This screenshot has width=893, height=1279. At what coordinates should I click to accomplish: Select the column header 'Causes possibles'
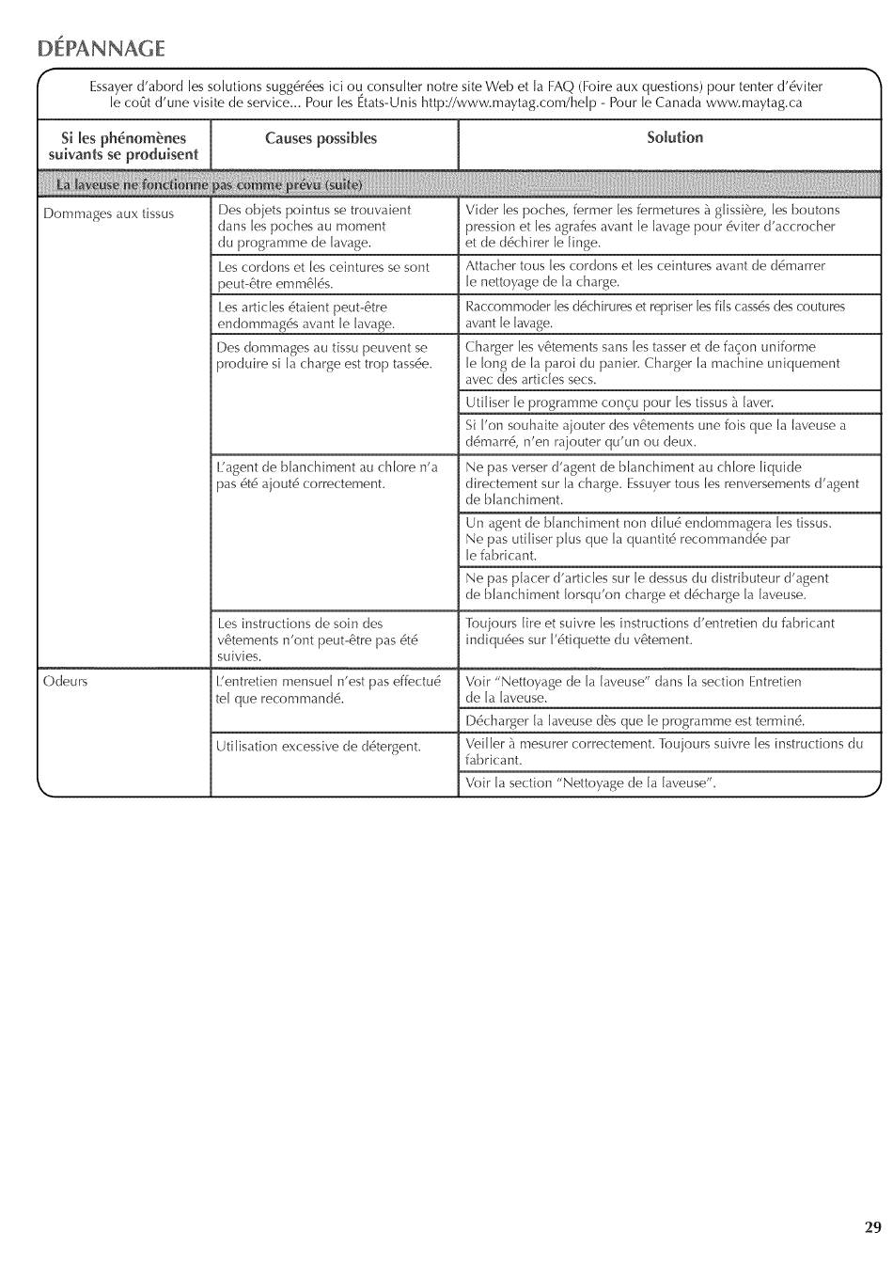pyautogui.click(x=321, y=139)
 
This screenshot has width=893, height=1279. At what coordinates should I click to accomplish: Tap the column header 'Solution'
pyautogui.click(x=674, y=138)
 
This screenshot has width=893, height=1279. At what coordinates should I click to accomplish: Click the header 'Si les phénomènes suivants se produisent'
pyautogui.click(x=123, y=147)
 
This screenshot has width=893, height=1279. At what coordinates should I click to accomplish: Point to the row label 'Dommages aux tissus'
pyautogui.click(x=108, y=213)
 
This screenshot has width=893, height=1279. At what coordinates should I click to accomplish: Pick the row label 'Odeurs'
pyautogui.click(x=65, y=681)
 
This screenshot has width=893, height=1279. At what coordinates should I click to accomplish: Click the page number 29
pyautogui.click(x=872, y=1226)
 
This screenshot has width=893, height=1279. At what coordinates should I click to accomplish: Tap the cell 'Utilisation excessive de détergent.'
pyautogui.click(x=318, y=747)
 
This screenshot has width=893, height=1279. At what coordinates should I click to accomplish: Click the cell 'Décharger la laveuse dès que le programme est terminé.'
pyautogui.click(x=635, y=721)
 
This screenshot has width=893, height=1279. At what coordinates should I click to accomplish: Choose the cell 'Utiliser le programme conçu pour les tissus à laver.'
pyautogui.click(x=619, y=403)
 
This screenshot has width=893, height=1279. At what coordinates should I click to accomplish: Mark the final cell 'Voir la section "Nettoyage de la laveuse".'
pyautogui.click(x=590, y=783)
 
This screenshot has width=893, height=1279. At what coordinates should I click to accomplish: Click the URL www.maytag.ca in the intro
pyautogui.click(x=754, y=103)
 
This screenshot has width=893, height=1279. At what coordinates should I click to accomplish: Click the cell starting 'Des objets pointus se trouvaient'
pyautogui.click(x=314, y=226)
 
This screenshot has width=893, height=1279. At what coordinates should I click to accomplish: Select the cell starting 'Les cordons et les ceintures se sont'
pyautogui.click(x=322, y=275)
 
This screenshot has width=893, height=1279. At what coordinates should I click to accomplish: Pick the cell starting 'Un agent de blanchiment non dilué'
pyautogui.click(x=649, y=539)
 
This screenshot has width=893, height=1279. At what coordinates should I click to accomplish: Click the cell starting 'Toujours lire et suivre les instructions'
pyautogui.click(x=650, y=631)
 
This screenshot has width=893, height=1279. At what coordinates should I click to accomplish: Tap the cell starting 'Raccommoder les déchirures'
pyautogui.click(x=654, y=314)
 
